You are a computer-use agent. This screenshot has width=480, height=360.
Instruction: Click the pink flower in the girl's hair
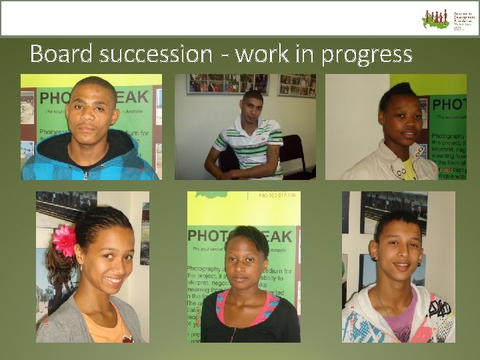(65, 241)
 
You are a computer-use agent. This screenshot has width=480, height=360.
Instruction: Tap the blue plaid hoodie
(90, 160)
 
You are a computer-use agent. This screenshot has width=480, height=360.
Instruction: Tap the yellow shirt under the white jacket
(409, 169)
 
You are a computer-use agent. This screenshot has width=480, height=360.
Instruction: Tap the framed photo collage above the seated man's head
(227, 83)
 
